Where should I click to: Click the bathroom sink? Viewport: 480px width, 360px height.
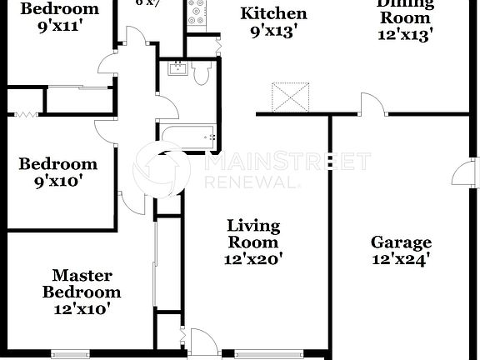[177, 68]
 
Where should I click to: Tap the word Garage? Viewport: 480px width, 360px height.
[401, 243]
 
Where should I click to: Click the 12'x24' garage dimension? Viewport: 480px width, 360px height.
[401, 259]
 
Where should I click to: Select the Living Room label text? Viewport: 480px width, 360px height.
[253, 234]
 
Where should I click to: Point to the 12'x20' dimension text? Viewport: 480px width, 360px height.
[253, 259]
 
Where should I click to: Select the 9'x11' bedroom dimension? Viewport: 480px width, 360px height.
[58, 25]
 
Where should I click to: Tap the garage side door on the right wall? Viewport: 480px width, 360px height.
[462, 175]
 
